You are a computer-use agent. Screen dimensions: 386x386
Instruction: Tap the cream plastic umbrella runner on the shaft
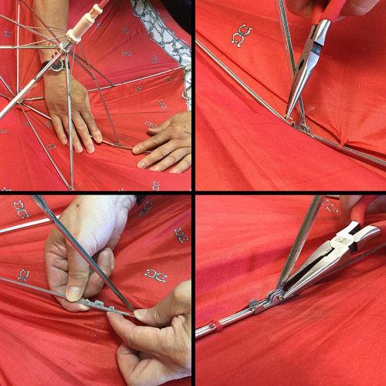pos(80,29)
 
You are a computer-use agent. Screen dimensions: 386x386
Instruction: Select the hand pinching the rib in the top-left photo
pos(164,142)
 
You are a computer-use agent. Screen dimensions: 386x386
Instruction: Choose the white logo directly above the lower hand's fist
pos(155,275)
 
